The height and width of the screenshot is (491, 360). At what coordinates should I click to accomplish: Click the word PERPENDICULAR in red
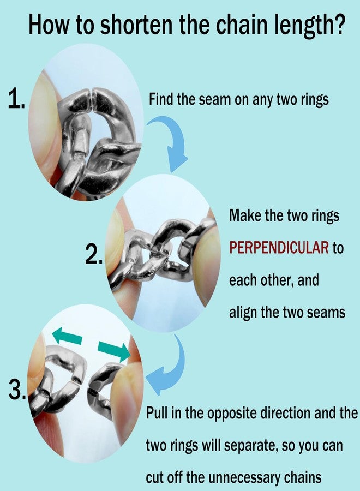pos(279,248)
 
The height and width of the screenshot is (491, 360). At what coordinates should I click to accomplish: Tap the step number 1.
pos(16,98)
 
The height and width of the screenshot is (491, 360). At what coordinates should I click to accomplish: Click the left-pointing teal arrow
pos(67,336)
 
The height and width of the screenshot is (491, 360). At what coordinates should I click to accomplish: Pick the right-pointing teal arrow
pos(114,351)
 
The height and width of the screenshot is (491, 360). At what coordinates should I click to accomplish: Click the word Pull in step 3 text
pos(157,413)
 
